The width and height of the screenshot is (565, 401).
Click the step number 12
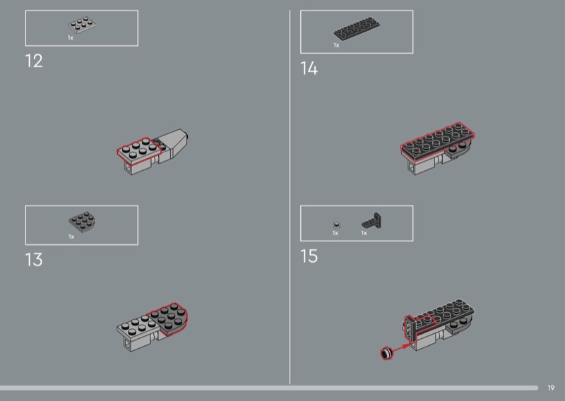pos(34,61)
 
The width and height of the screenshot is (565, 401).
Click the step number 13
pos(34,259)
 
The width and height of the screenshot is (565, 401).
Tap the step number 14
pos(309,68)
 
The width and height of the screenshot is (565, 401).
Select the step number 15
pos(309,256)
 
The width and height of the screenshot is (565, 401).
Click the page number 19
pos(551,388)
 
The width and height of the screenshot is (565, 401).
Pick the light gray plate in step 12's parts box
pos(82,25)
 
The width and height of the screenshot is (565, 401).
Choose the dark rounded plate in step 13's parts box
pos(82,222)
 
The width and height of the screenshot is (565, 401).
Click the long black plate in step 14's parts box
pos(357,28)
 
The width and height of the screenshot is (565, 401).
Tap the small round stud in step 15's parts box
pos(337,225)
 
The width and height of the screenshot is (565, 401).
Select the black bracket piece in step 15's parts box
pos(372,221)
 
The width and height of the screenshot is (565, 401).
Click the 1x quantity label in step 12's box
pos(71,37)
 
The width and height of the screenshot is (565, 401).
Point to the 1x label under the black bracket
pos(364,233)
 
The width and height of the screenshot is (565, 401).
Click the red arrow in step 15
pos(400,348)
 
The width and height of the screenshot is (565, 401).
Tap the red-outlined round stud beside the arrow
pos(386,353)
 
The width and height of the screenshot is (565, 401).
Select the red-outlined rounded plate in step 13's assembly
pos(169,319)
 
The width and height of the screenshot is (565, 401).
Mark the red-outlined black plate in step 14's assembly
pos(437,140)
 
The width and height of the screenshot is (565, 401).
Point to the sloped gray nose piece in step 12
pos(173,143)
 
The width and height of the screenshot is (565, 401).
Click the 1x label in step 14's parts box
pos(336,45)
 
